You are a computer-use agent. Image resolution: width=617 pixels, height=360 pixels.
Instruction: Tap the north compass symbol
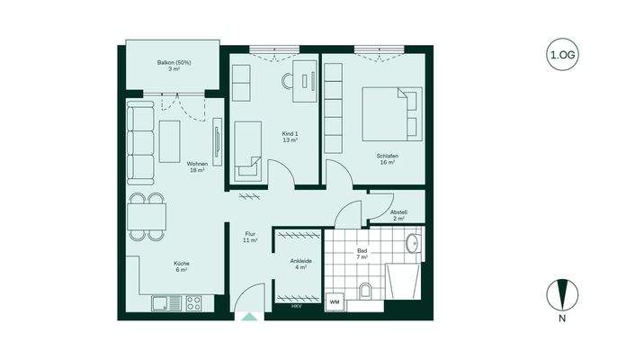coord(562,293)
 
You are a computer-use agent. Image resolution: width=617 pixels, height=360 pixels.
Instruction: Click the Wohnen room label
coord(197,167)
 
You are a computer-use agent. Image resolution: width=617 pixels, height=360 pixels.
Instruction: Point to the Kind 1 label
coord(291,137)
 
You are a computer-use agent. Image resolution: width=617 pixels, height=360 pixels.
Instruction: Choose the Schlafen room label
coord(388,159)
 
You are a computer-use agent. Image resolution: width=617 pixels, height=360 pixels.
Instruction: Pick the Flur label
coord(251,238)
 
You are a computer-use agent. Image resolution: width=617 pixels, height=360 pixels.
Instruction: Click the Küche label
coord(181,266)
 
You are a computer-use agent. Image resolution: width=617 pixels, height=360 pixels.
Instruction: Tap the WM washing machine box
coord(334,301)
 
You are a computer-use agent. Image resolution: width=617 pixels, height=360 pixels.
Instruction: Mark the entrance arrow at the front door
coord(248,315)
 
